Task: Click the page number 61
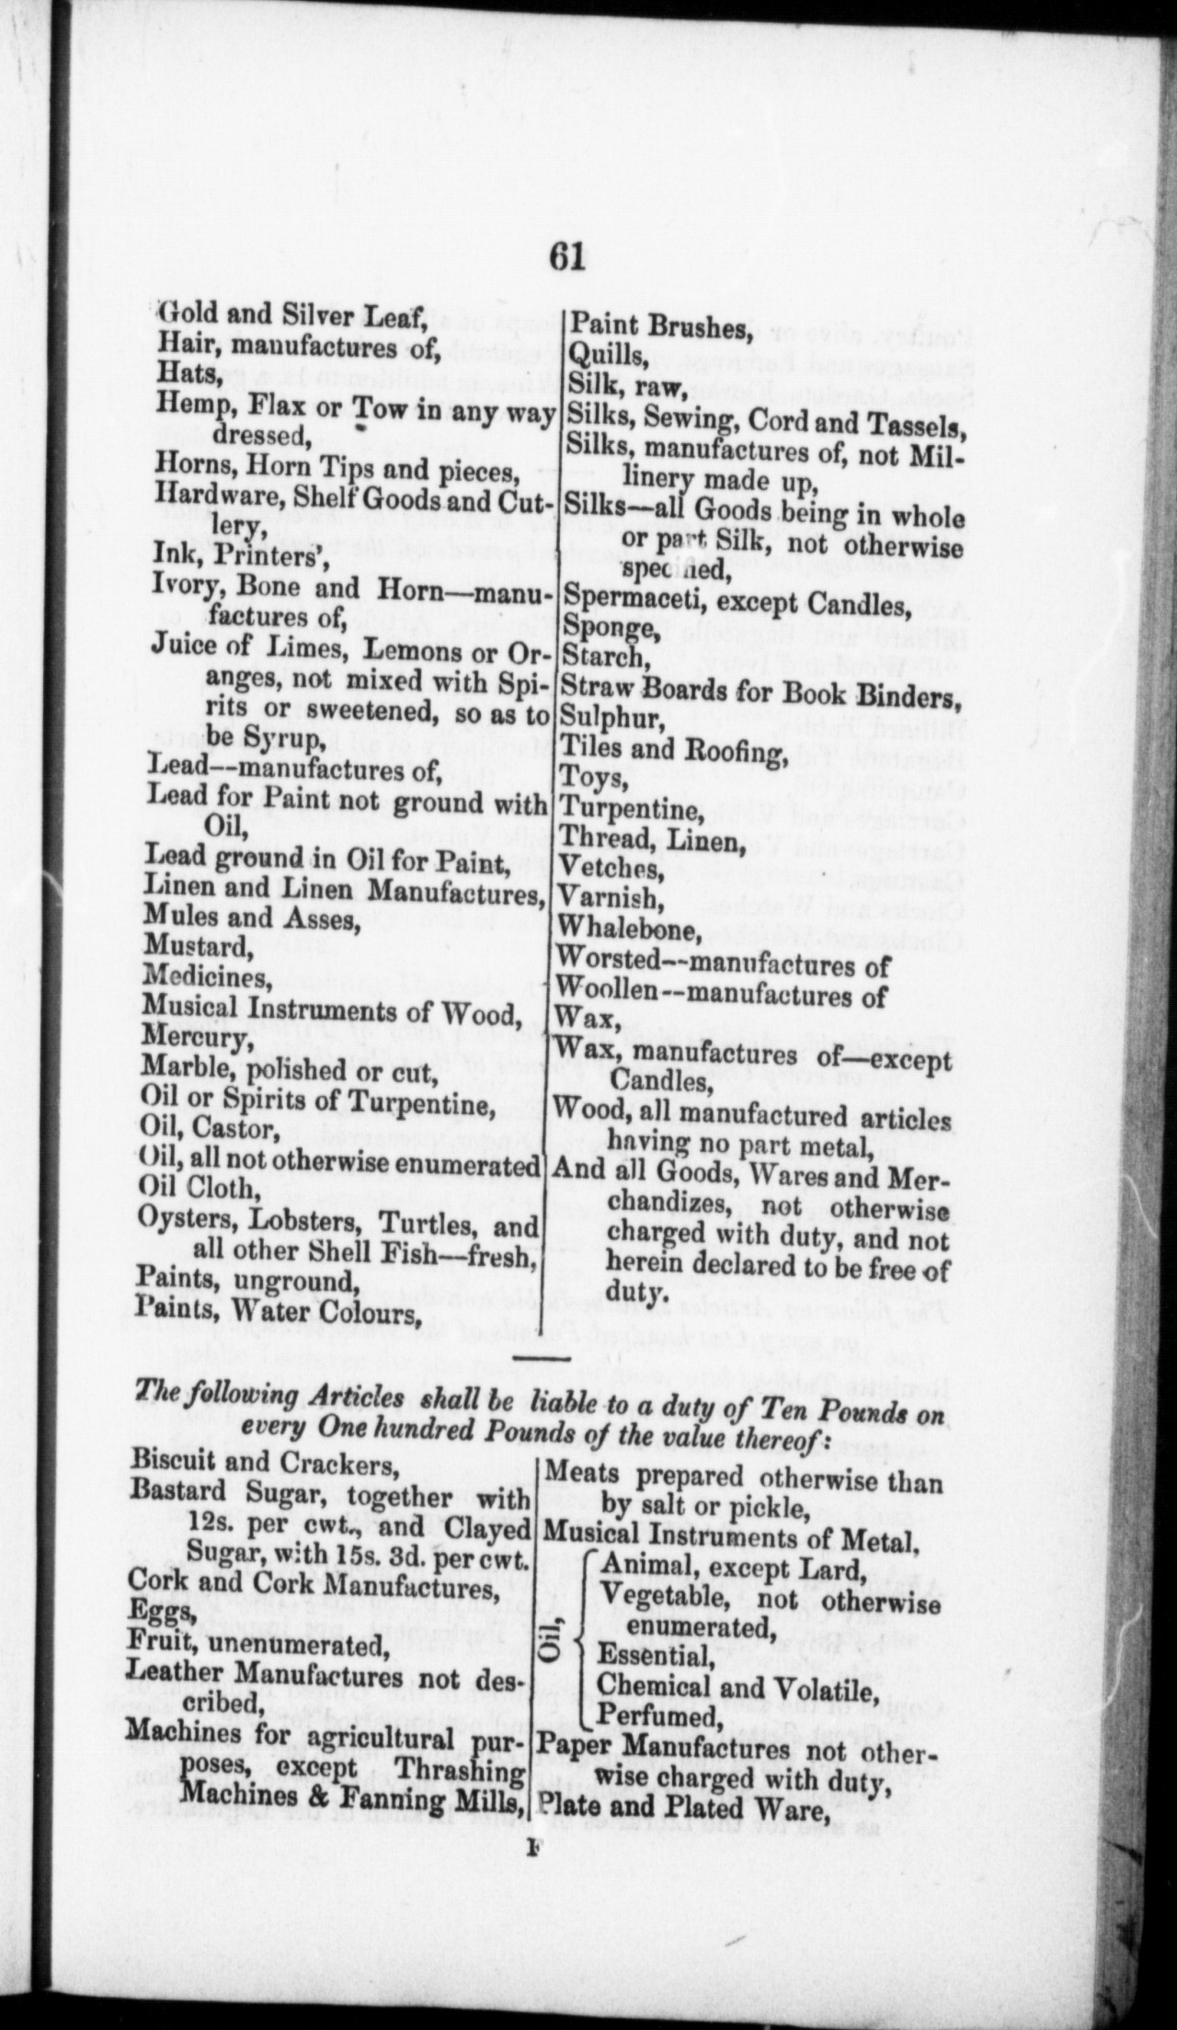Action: [566, 257]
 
